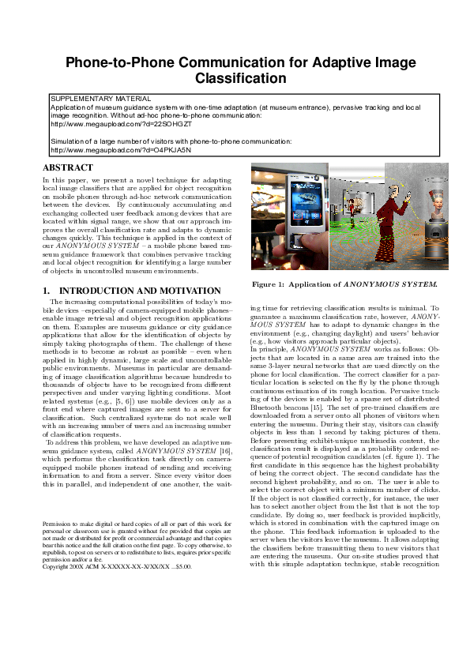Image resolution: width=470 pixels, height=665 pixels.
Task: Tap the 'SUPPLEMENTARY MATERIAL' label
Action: click(x=100, y=99)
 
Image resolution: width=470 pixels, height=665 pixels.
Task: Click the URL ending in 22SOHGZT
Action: click(x=121, y=124)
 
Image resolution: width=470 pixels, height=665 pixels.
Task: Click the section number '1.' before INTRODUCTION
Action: click(x=47, y=291)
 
